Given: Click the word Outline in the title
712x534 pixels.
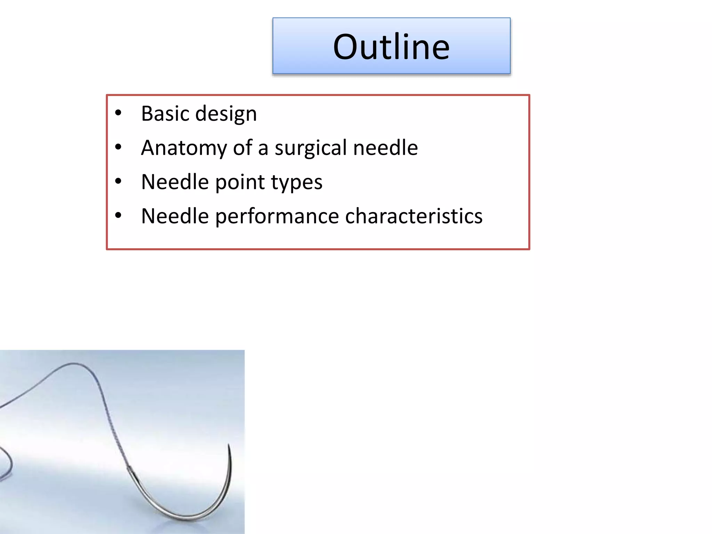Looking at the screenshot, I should [391, 47].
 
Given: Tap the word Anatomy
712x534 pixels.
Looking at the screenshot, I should [184, 148].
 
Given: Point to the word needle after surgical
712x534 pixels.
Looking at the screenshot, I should [385, 148].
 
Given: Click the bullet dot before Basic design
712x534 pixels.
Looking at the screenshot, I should [118, 113].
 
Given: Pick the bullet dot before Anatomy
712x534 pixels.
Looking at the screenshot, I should [118, 147].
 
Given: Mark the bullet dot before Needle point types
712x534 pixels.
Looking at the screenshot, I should [118, 181].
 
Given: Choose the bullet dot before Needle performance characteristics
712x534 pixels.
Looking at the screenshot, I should [118, 216].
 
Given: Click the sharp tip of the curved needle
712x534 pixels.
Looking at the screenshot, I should [228, 445].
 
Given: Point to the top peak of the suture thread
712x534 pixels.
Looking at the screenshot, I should [73, 364].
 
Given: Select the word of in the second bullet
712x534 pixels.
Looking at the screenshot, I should [242, 148].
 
